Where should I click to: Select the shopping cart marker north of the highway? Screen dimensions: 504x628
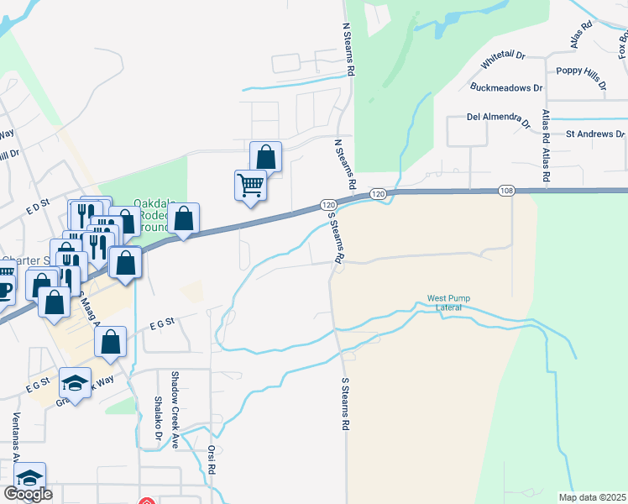point(249,185)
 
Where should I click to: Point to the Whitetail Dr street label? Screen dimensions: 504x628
point(503,59)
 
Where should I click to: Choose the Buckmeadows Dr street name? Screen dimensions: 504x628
point(506,87)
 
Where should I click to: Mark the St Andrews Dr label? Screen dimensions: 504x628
point(594,134)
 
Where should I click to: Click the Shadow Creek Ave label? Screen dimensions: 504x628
point(175,410)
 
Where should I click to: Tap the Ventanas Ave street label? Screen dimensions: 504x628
point(14,437)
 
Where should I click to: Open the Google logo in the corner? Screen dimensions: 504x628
point(28,494)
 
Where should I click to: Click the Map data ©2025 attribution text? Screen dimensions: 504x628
point(592,497)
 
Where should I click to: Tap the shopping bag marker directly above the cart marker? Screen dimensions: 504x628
point(265,155)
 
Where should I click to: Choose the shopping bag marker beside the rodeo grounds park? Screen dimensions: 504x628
point(183,218)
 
